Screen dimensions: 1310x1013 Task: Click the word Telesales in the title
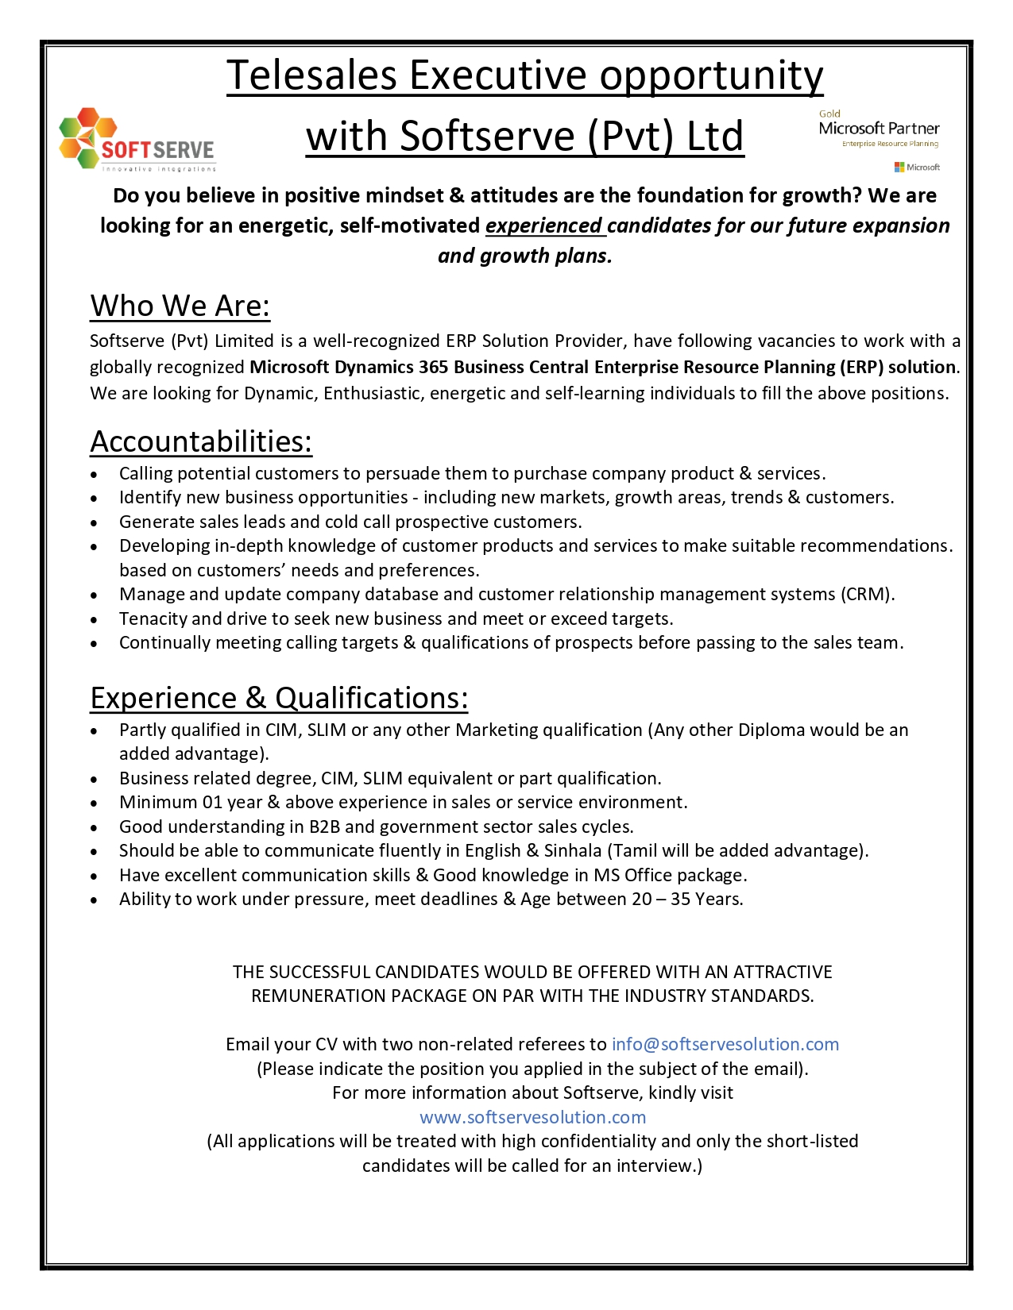tap(311, 76)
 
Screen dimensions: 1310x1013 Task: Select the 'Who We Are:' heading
tap(180, 306)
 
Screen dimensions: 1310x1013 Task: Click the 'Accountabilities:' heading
tap(201, 442)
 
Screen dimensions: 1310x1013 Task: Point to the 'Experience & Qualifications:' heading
tap(279, 699)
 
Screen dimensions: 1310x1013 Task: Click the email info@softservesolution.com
tap(725, 1045)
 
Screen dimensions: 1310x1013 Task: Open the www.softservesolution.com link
tap(532, 1118)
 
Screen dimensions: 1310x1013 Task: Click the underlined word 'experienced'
tap(544, 226)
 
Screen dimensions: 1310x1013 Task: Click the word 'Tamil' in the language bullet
tap(635, 851)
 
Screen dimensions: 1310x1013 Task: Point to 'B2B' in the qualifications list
tap(324, 827)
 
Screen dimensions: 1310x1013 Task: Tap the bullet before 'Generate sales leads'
tap(95, 523)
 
